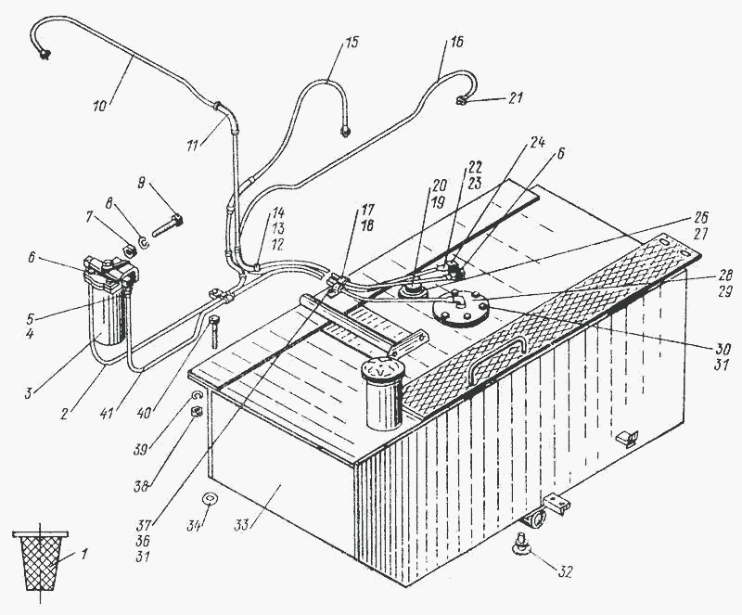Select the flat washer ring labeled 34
pyautogui.click(x=211, y=501)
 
